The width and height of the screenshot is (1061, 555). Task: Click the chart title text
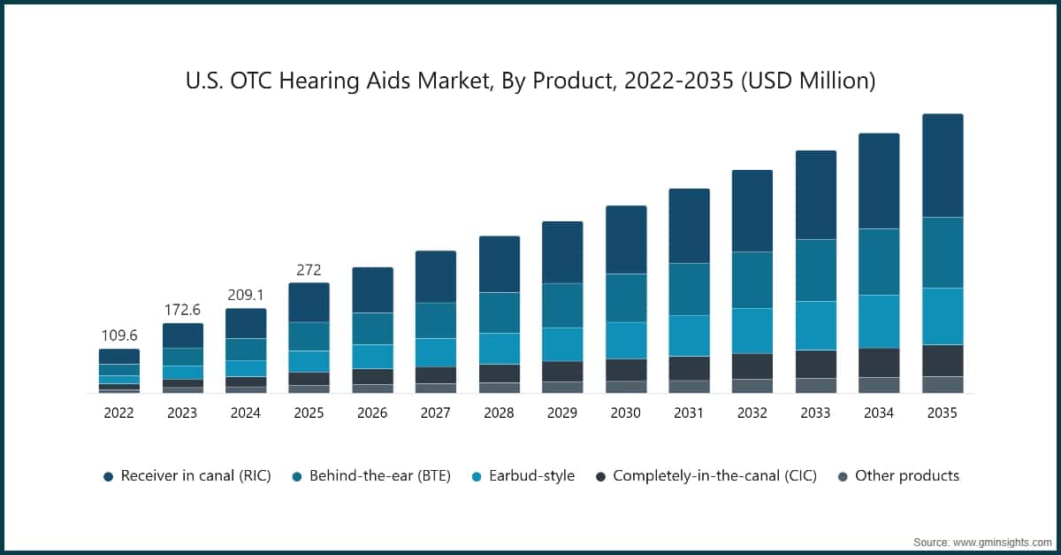click(530, 81)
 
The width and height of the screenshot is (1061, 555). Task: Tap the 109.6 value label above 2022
click(118, 335)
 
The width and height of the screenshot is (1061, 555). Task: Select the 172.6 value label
click(182, 310)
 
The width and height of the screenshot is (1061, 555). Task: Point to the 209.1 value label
click(246, 295)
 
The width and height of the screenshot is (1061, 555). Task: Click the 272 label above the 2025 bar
click(309, 269)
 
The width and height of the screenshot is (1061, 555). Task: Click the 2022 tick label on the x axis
click(118, 412)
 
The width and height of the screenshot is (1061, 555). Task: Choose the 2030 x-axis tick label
click(626, 412)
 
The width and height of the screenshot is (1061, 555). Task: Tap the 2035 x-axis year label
click(943, 412)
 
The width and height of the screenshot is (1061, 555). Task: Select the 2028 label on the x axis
click(499, 412)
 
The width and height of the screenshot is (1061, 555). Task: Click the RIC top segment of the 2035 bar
click(943, 166)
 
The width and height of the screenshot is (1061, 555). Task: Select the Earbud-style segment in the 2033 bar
click(816, 326)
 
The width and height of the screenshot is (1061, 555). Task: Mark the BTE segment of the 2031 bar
click(689, 289)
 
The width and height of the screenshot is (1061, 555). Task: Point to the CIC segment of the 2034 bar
click(879, 363)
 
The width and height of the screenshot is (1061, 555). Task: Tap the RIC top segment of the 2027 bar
click(436, 277)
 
